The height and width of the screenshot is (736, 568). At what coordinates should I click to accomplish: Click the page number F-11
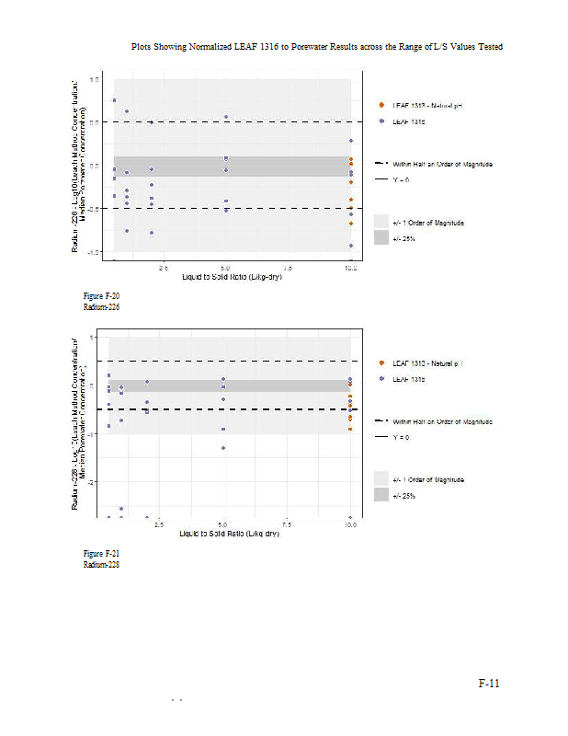pos(488,683)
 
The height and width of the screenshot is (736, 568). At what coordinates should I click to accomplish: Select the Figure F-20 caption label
pos(101,295)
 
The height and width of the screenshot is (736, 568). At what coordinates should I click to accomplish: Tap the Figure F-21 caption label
pos(101,553)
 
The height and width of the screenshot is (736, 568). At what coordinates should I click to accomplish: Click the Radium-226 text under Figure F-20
pos(101,306)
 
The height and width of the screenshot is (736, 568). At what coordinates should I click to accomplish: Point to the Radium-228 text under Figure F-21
pos(101,564)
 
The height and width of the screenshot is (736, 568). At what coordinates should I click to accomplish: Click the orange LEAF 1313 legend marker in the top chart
pos(381,106)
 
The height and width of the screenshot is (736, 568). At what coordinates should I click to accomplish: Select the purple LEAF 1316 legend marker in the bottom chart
pos(381,378)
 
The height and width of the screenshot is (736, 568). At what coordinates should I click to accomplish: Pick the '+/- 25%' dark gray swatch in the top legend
pos(381,237)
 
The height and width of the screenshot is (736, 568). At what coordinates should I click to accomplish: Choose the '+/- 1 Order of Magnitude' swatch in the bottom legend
pos(381,479)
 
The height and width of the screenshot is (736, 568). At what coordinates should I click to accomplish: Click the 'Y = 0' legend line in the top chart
pos(381,178)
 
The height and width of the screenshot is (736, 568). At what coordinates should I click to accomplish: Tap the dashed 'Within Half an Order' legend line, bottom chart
pos(381,420)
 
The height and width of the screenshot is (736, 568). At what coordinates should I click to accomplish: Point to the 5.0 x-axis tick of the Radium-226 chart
pos(226,268)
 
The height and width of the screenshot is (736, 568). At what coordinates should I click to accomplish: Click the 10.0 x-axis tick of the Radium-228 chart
pos(350,524)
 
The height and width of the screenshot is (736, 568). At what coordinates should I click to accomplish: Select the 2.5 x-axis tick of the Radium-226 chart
pos(164,268)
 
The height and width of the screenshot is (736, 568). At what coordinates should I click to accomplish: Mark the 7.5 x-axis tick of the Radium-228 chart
pos(288,524)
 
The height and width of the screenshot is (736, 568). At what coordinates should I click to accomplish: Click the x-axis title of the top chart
pos(231,277)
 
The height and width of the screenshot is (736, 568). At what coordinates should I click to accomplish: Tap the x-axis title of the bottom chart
pos(231,534)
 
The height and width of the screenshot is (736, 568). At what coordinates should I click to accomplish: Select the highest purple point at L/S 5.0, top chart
pos(226,117)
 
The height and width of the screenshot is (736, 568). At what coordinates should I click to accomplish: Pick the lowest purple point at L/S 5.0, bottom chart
pos(223,448)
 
